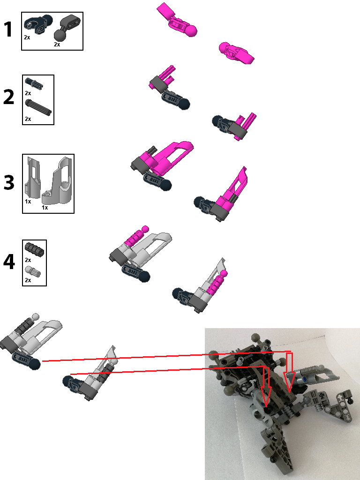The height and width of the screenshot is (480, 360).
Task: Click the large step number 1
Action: [8, 30]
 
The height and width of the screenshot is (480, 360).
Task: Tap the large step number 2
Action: [9, 98]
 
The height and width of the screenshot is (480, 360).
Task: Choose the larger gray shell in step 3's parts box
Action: [58, 181]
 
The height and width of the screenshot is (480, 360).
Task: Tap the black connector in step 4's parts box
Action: [34, 249]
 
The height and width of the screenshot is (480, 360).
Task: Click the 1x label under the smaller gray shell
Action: [28, 201]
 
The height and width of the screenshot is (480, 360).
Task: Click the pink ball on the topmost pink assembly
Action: [191, 31]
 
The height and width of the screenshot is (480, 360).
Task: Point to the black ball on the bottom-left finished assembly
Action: [35, 364]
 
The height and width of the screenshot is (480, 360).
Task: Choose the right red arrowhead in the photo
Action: [289, 386]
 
